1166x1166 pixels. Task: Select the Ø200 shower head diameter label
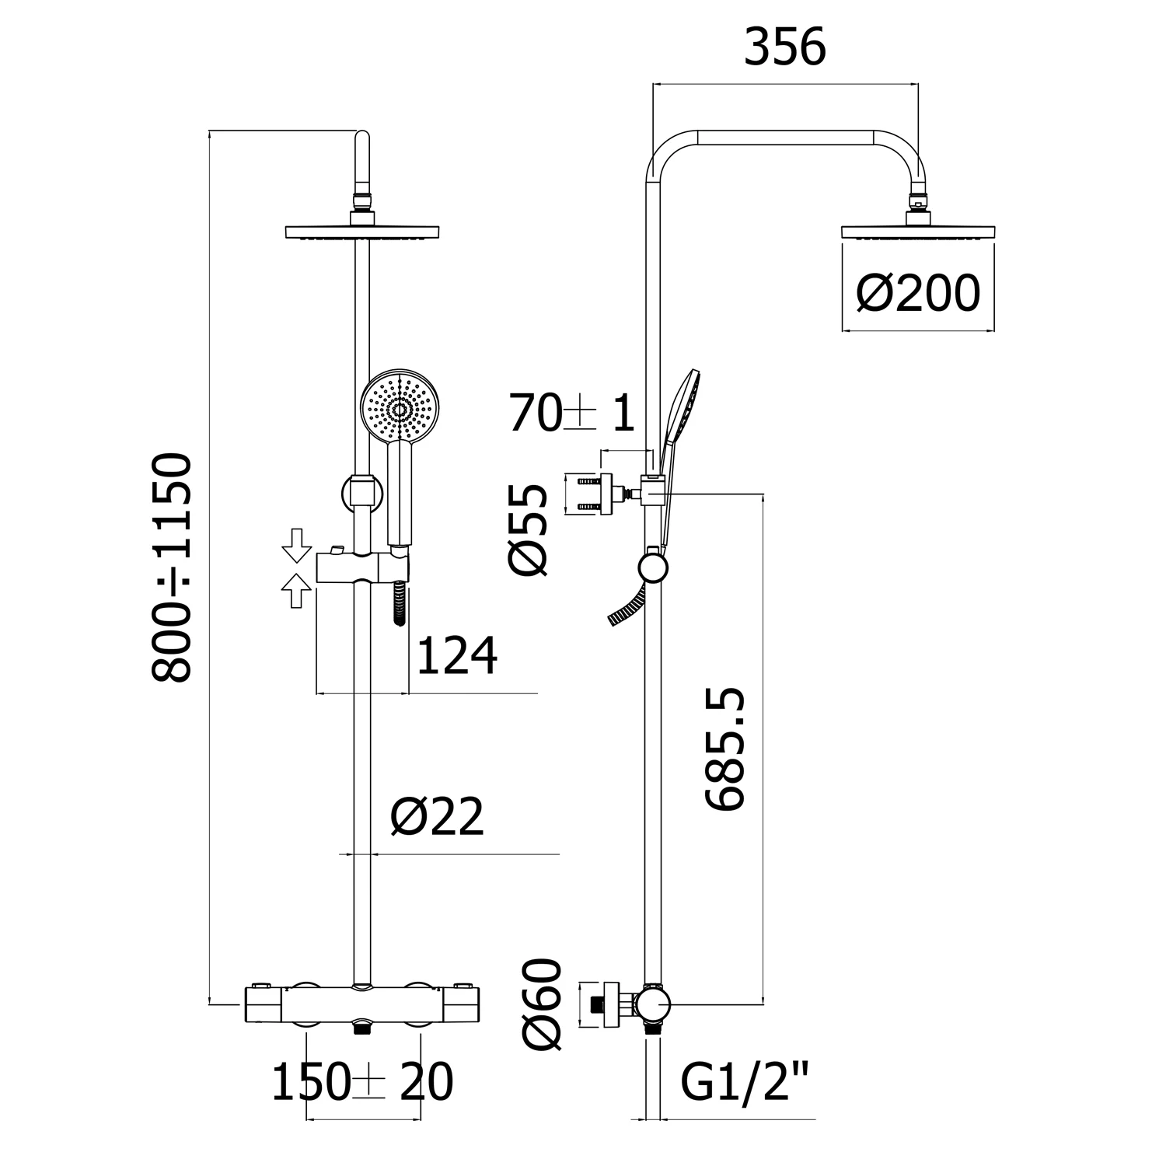tap(918, 294)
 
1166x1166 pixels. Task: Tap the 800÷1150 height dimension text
tap(172, 567)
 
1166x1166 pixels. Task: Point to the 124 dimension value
tap(457, 656)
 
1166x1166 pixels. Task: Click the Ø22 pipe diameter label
tap(438, 816)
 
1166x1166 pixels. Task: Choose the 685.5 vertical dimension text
tap(726, 749)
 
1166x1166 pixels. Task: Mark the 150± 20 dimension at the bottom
tap(361, 1082)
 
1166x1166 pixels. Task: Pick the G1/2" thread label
tap(745, 1082)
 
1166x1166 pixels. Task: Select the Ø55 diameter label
tap(529, 529)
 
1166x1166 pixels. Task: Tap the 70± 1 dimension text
tap(571, 413)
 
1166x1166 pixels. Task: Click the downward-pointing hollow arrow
tap(295, 545)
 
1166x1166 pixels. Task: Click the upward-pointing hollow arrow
tap(295, 591)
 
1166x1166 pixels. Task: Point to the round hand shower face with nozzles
tap(400, 409)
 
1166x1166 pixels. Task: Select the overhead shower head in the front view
tap(362, 232)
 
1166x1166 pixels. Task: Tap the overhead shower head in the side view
tap(919, 232)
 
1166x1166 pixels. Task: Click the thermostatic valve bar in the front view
tap(362, 1005)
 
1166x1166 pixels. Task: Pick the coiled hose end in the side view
tap(627, 608)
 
